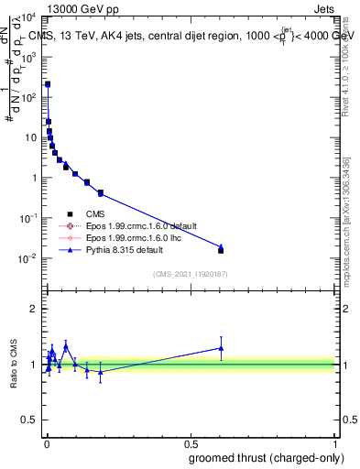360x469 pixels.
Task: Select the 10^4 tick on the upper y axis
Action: point(29,16)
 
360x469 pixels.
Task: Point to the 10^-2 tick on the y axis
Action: point(29,258)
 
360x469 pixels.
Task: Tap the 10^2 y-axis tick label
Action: point(29,97)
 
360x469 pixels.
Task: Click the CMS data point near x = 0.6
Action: point(221,250)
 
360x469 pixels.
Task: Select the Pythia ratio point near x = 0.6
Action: point(221,348)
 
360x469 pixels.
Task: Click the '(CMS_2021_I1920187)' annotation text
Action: point(189,274)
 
